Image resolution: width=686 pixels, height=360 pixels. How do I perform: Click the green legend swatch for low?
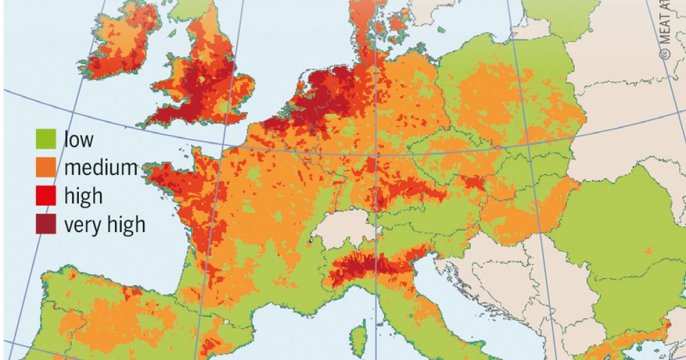pyautogui.click(x=46, y=139)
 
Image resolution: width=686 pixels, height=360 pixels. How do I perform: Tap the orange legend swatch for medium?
pyautogui.click(x=46, y=167)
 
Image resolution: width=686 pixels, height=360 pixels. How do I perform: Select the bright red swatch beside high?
pyautogui.click(x=46, y=196)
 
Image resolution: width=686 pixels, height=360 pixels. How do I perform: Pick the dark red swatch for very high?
pyautogui.click(x=46, y=225)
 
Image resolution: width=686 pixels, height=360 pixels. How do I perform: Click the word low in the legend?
pyautogui.click(x=78, y=139)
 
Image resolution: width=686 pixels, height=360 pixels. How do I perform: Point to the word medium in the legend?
pyautogui.click(x=101, y=168)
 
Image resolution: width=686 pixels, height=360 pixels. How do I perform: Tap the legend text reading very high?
pyautogui.click(x=104, y=225)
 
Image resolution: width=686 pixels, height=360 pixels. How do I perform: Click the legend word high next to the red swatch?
pyautogui.click(x=83, y=196)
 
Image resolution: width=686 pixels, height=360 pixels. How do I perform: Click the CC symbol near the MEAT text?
pyautogui.click(x=664, y=54)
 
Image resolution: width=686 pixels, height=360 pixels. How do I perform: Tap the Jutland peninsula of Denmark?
pyautogui.click(x=360, y=23)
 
